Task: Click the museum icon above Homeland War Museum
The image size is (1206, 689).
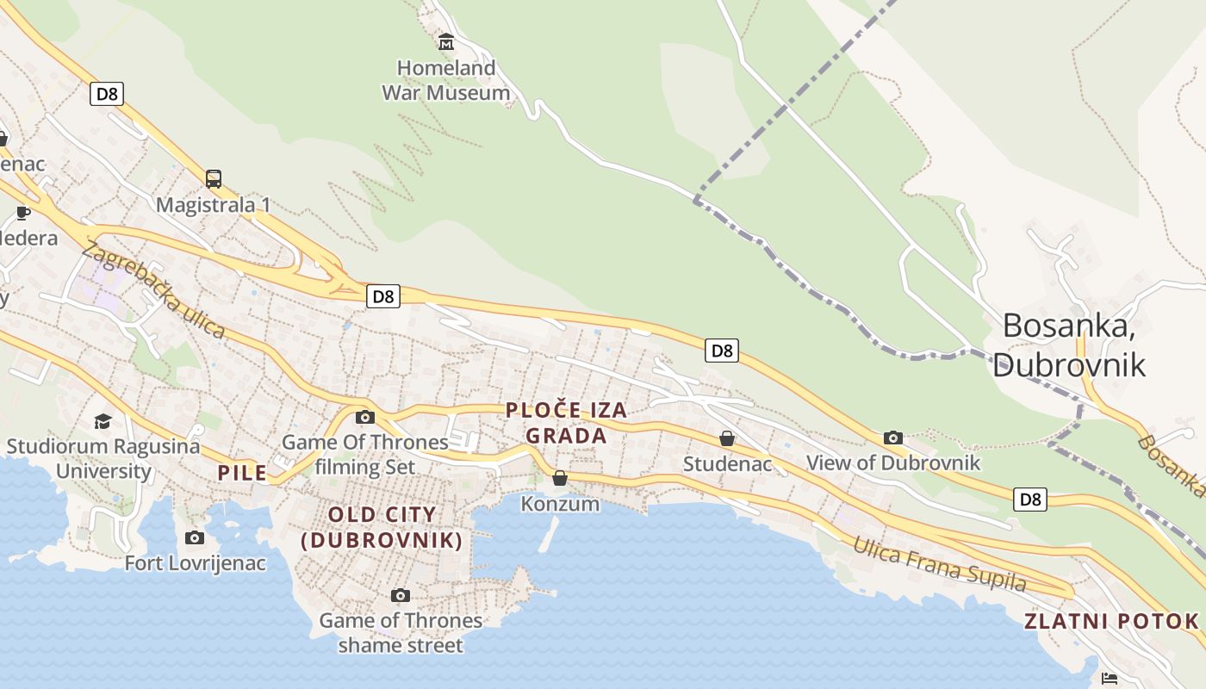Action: [446, 41]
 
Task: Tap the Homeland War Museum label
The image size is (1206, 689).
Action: [446, 80]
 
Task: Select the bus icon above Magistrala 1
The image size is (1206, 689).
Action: [214, 179]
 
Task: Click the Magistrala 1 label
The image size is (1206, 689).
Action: [214, 205]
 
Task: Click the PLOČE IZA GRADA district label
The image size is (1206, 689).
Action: [566, 423]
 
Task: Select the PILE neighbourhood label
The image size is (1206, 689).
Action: [242, 472]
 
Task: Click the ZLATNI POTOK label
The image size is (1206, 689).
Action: [1111, 621]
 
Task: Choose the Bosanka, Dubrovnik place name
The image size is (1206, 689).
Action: [1068, 344]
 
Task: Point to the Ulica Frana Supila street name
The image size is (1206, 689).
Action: [940, 564]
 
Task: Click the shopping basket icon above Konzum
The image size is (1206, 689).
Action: [560, 477]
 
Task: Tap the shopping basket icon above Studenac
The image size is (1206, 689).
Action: [727, 438]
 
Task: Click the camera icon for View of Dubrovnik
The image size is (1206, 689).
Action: [893, 438]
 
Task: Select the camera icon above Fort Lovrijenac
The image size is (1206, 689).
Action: [195, 538]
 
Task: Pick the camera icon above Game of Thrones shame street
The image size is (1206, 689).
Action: [400, 595]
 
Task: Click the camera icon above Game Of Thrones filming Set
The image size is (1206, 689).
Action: [365, 417]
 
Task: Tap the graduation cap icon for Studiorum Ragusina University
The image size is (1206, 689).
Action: [103, 421]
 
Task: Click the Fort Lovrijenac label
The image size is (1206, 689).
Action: [196, 563]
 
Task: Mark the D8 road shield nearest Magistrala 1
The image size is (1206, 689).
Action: [107, 93]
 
